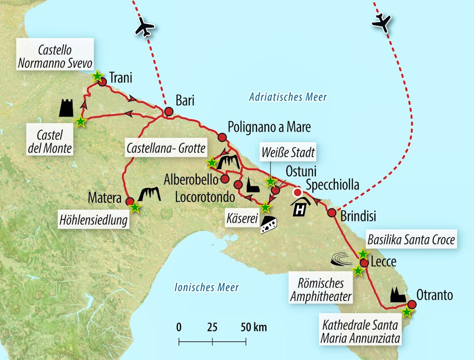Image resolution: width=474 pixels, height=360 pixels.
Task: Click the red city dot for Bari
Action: tap(168, 112)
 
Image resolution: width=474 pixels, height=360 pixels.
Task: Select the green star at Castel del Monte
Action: tap(81, 122)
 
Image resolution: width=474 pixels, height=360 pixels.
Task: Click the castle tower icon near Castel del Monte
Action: tap(66, 108)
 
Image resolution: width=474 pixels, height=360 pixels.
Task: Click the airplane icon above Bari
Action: tap(145, 28)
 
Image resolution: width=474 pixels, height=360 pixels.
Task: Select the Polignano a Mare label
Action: tap(269, 127)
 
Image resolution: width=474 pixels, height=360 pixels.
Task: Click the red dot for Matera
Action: tap(130, 201)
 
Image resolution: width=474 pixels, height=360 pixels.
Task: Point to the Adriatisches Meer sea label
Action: tap(288, 98)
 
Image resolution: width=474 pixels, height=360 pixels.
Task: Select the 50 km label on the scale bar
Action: tap(254, 327)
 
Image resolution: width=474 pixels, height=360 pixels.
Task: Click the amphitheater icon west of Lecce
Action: tap(342, 258)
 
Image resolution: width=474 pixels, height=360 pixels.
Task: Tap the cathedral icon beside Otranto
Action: tap(398, 295)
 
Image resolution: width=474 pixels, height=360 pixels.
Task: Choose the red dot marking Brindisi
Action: tap(332, 213)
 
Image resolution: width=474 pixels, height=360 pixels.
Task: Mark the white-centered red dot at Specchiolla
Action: tap(297, 192)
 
